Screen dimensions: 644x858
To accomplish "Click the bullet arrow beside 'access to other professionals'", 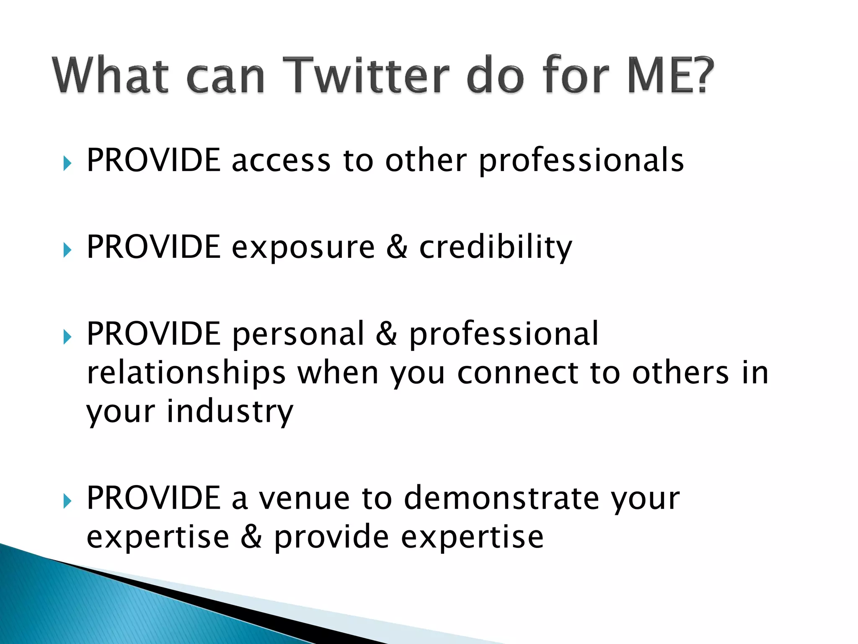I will pyautogui.click(x=67, y=163).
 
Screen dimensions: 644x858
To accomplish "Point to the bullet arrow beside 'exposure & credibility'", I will pyautogui.click(x=67, y=250).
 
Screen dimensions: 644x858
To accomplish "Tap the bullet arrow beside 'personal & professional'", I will pyautogui.click(x=67, y=336).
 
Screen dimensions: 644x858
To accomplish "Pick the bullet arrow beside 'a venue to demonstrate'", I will pyautogui.click(x=67, y=501).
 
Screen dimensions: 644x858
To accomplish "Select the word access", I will pyautogui.click(x=281, y=161).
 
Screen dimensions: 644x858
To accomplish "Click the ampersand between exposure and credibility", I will pyautogui.click(x=396, y=247).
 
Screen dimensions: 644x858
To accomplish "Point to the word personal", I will pyautogui.click(x=298, y=335).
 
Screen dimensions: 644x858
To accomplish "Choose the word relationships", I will pyautogui.click(x=186, y=373).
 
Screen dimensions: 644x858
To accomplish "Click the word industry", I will pyautogui.click(x=230, y=412).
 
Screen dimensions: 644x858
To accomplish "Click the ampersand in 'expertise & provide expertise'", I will pyautogui.click(x=251, y=537).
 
